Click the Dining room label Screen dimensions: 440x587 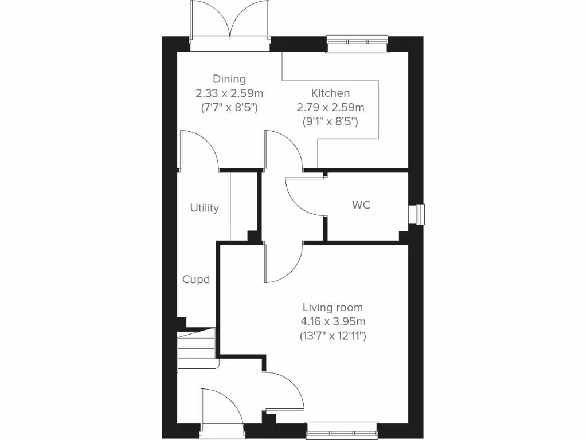[x=229, y=79]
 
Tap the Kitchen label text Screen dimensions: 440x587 [x=330, y=93]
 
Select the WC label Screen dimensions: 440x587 [x=361, y=205]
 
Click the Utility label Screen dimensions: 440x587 [x=205, y=208]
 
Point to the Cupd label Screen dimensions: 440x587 [x=196, y=280]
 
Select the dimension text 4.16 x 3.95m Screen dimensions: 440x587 [x=333, y=321]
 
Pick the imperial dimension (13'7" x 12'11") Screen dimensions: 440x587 [x=333, y=336]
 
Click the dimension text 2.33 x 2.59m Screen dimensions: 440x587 [x=229, y=93]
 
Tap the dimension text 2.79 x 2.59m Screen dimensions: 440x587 [x=330, y=107]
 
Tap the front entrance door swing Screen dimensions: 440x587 [x=221, y=408]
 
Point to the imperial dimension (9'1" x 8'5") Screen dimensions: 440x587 [x=330, y=121]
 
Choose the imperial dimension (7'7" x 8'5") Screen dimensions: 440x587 [x=229, y=107]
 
